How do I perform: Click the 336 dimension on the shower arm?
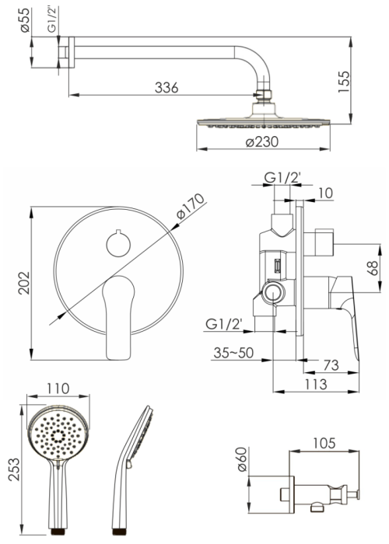[166, 88]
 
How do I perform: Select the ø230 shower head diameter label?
[262, 142]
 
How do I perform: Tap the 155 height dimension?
[344, 82]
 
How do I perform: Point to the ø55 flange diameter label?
[26, 20]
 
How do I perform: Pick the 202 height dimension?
[24, 283]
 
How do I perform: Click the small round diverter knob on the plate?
[118, 244]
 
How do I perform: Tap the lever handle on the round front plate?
[118, 317]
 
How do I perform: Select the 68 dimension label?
[373, 268]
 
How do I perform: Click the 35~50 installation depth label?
[233, 353]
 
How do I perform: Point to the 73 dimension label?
[331, 365]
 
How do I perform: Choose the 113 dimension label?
[316, 385]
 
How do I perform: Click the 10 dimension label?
[325, 194]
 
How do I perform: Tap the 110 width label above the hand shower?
[58, 389]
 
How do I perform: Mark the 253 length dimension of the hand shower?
[14, 469]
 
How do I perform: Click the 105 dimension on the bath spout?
[324, 444]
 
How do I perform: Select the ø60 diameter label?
[242, 459]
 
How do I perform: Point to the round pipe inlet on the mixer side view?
[274, 292]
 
